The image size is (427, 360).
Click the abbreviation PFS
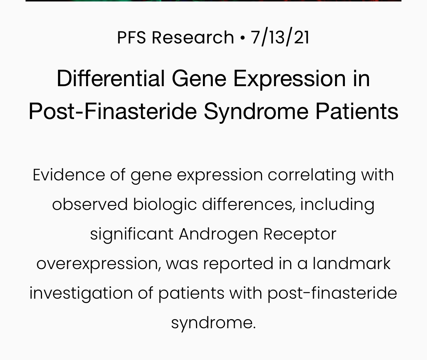tap(131, 37)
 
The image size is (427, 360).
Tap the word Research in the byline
tap(193, 37)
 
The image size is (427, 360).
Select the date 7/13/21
tap(280, 38)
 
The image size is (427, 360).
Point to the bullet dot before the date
tap(242, 38)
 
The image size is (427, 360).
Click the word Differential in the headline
tap(111, 78)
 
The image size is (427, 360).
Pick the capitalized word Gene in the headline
tap(199, 78)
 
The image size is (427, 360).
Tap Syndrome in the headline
tap(256, 112)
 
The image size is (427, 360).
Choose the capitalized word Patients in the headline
tap(357, 111)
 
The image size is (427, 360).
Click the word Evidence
tap(69, 175)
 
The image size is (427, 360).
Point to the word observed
tap(90, 204)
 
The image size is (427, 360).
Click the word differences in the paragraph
tap(249, 204)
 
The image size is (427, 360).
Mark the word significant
tap(132, 235)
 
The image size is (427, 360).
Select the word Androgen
tap(218, 235)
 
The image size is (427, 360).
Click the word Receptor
tap(300, 235)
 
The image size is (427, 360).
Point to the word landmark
tap(351, 264)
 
